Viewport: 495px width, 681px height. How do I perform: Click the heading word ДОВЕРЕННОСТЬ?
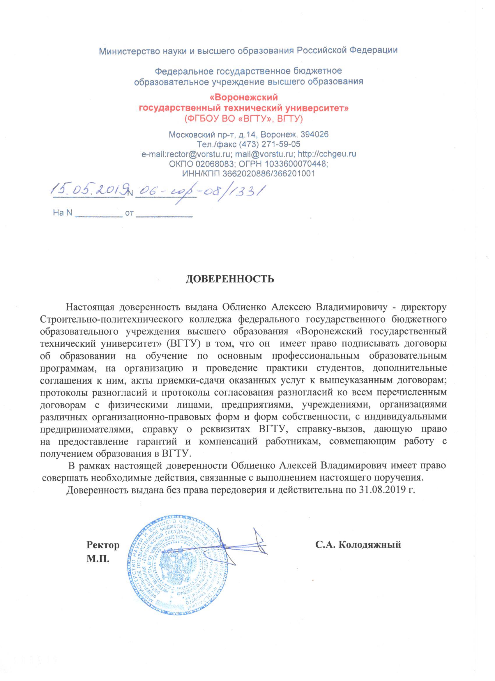tap(229, 279)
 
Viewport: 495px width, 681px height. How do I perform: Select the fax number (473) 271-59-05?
tap(270, 144)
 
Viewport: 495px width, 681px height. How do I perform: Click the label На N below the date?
tap(62, 213)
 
